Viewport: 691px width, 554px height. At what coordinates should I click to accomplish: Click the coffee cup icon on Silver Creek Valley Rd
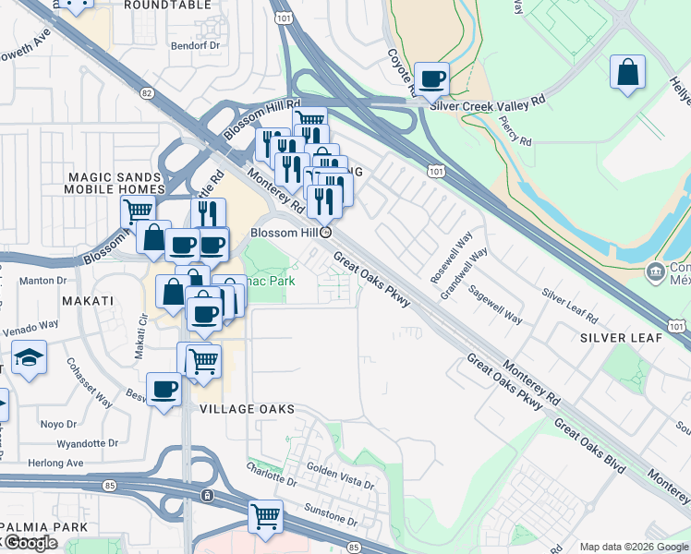point(431,79)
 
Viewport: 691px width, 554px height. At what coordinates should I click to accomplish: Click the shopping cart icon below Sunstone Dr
point(265,516)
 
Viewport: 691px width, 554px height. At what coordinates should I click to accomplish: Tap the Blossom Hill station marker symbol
point(325,233)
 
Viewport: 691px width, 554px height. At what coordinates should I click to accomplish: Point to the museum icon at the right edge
point(655,271)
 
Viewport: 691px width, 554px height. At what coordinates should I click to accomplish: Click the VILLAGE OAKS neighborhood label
point(247,408)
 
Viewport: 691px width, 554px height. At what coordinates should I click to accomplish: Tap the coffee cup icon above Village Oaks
point(164,388)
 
